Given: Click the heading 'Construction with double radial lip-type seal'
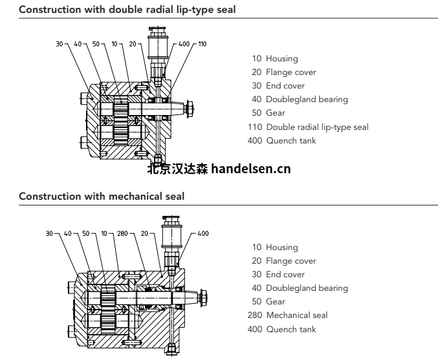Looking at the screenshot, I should coord(127,10).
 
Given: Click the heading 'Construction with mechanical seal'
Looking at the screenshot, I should coord(102,196).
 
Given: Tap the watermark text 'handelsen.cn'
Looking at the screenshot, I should coord(251,169).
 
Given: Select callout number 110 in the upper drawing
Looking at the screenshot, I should coord(202,44).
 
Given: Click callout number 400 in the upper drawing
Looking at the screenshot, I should coord(184,44).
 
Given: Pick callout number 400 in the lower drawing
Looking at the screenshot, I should coord(203,233).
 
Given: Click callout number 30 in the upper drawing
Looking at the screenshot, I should coord(60,44).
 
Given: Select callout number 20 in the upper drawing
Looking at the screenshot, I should coord(133,44).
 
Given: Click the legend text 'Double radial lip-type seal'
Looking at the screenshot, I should coord(317,127).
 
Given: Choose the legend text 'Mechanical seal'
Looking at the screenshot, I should coord(297,315).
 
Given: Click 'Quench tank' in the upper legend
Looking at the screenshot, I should coord(291,140).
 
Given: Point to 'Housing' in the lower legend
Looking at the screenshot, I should coord(282,247).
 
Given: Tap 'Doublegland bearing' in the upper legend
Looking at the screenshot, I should coord(307,100).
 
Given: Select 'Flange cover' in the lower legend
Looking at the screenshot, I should coord(291,260).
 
